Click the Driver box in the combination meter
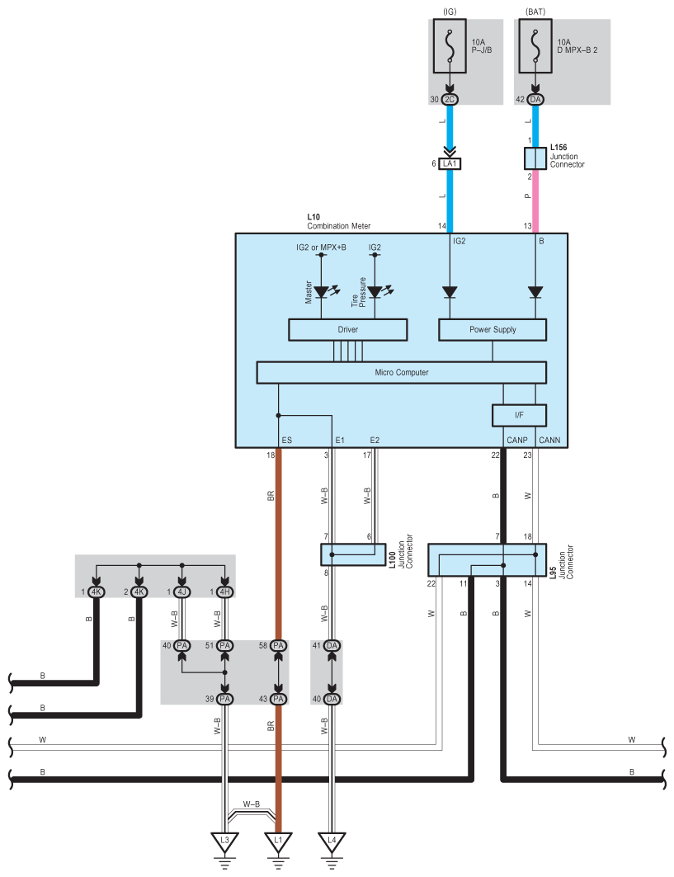click(x=348, y=330)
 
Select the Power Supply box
click(x=493, y=330)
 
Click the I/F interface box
click(x=520, y=415)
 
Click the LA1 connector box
click(x=450, y=164)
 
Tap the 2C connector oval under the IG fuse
click(x=450, y=100)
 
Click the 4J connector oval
click(x=182, y=592)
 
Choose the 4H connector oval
click(x=224, y=592)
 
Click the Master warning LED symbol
click(x=322, y=292)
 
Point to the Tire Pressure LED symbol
click(x=375, y=292)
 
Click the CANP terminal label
click(x=518, y=441)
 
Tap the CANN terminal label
click(x=549, y=441)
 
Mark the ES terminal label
click(x=287, y=441)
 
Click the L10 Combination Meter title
click(x=338, y=221)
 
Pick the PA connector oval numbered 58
click(x=278, y=645)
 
